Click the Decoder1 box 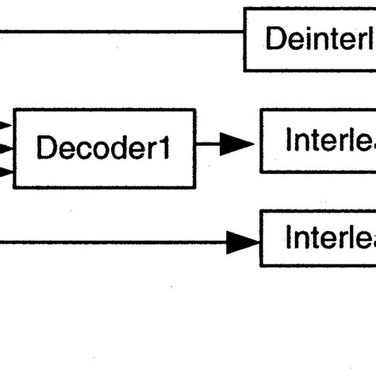click(104, 148)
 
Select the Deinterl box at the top click(309, 40)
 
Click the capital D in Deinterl click(275, 39)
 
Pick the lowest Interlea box click(318, 238)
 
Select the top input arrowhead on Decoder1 click(6, 125)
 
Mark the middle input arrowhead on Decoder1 click(6, 148)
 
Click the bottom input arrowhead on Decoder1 click(6, 171)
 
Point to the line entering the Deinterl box click(119, 33)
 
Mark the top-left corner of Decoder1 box click(14, 110)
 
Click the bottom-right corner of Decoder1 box click(194, 187)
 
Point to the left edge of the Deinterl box click(244, 40)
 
